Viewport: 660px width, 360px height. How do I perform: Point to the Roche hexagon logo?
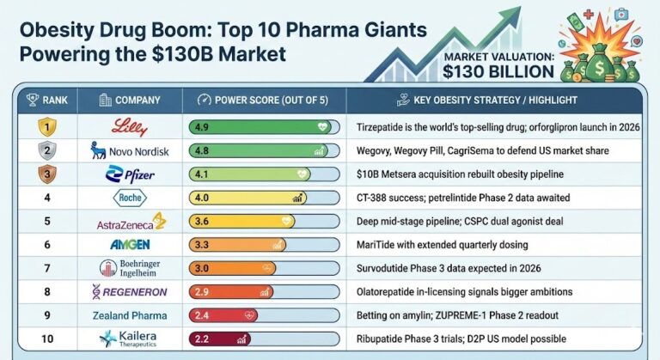tap(128, 198)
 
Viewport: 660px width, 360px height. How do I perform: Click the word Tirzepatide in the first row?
tap(382, 128)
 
